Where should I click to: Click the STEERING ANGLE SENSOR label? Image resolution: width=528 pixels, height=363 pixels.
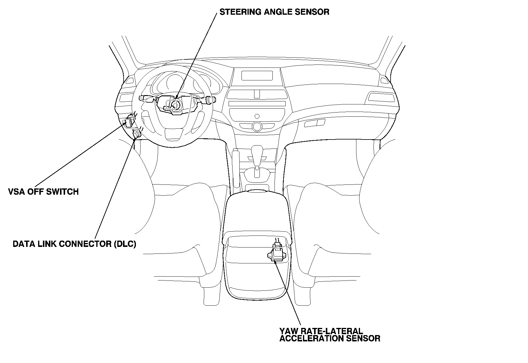point(274,12)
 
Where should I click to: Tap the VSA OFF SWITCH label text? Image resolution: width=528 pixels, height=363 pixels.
point(43,192)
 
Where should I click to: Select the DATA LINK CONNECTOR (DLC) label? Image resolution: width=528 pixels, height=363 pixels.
point(74,244)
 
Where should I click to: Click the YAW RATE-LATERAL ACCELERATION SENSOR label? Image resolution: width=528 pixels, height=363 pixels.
point(329,335)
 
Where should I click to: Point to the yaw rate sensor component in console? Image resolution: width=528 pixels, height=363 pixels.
point(277,255)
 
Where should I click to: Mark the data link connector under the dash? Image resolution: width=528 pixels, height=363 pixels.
point(137,134)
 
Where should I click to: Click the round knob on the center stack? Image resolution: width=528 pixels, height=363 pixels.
point(257,126)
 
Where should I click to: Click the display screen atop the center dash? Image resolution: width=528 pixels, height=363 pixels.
point(257,76)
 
